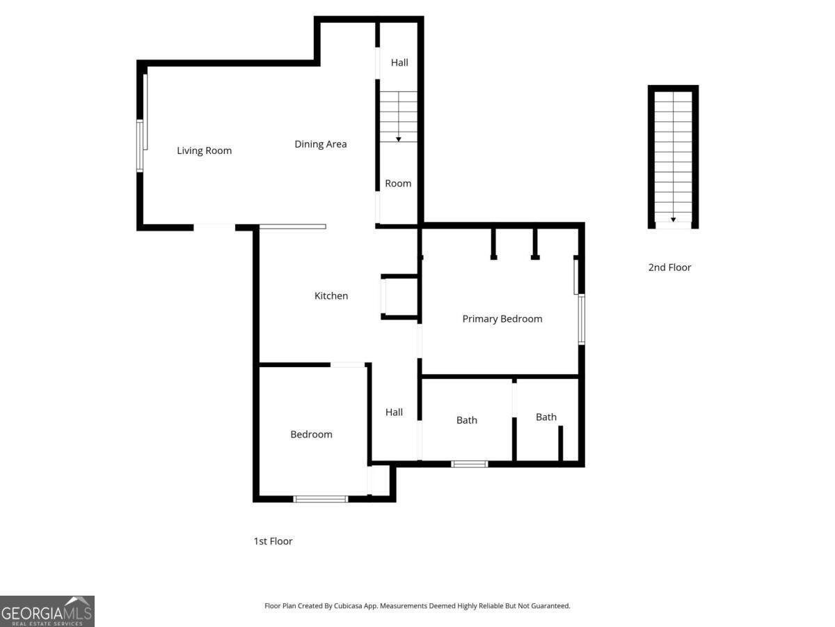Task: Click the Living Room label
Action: [204, 150]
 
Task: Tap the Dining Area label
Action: [320, 144]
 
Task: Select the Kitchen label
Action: [331, 296]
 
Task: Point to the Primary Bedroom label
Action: [502, 319]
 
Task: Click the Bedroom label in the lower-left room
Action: [311, 435]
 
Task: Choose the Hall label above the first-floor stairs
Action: [399, 63]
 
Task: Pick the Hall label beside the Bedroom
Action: [394, 412]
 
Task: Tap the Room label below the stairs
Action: [398, 184]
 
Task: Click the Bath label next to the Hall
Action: [467, 420]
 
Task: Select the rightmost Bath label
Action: [546, 417]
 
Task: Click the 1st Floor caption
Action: [273, 541]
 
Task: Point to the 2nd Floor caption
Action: [669, 268]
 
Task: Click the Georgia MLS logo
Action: [47, 611]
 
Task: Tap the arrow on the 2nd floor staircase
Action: [673, 219]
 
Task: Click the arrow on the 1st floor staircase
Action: [399, 139]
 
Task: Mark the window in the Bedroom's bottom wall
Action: [320, 499]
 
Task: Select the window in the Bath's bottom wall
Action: [470, 464]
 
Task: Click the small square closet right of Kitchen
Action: [401, 297]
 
